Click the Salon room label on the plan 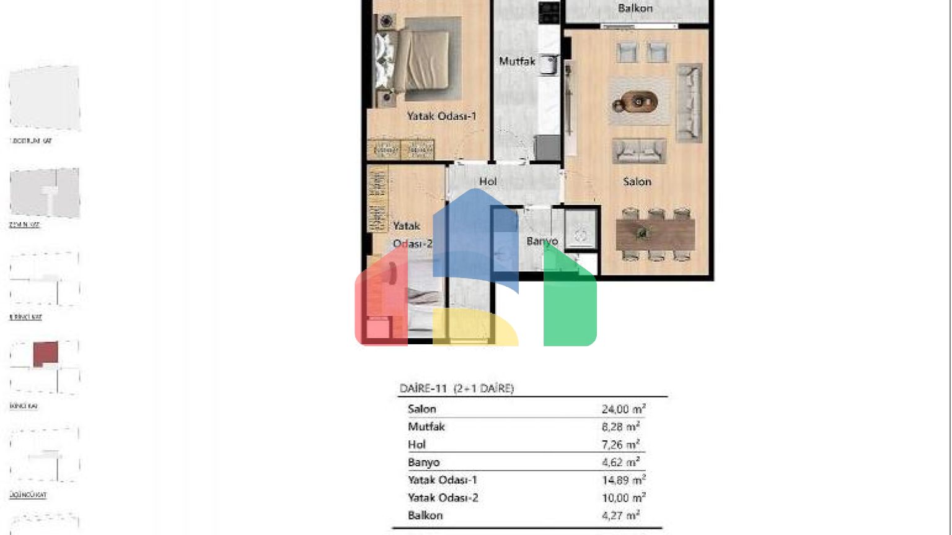[x=637, y=181]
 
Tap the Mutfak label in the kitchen [x=516, y=61]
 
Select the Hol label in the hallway [x=488, y=181]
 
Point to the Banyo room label [x=542, y=241]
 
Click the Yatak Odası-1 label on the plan [x=441, y=116]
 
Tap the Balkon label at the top [x=635, y=8]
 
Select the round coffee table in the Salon [x=638, y=102]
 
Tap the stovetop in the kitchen [x=549, y=12]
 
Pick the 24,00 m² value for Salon [x=623, y=409]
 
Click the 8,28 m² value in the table [x=620, y=427]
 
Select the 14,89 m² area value [x=623, y=480]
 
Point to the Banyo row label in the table [x=423, y=463]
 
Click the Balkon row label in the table [x=425, y=515]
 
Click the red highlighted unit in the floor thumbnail [x=45, y=354]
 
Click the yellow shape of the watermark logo [x=474, y=328]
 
